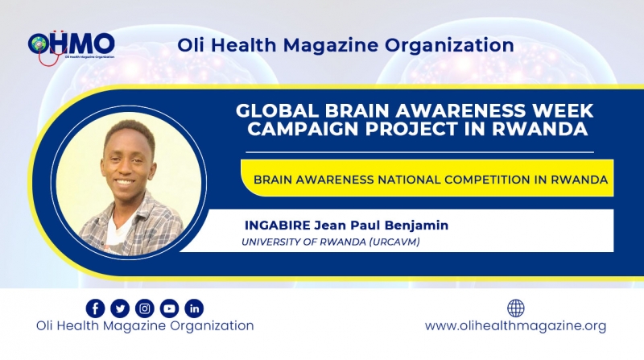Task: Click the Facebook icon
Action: point(95,308)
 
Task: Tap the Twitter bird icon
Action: point(120,308)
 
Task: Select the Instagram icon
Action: point(145,308)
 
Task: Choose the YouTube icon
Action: point(169,308)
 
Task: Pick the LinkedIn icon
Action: point(194,308)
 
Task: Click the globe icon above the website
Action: point(516,308)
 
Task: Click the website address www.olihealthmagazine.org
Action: point(515,326)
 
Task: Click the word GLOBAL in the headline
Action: point(277,110)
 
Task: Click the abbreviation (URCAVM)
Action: point(394,242)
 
